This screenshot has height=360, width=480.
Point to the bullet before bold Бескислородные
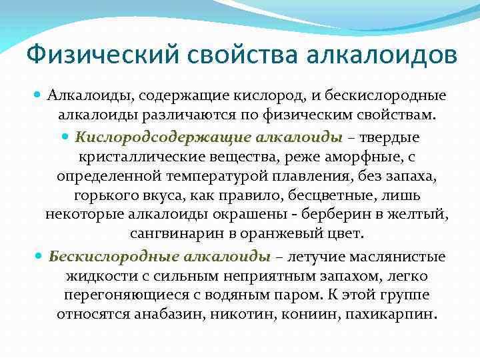38,257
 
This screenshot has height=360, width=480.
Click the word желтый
427,215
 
